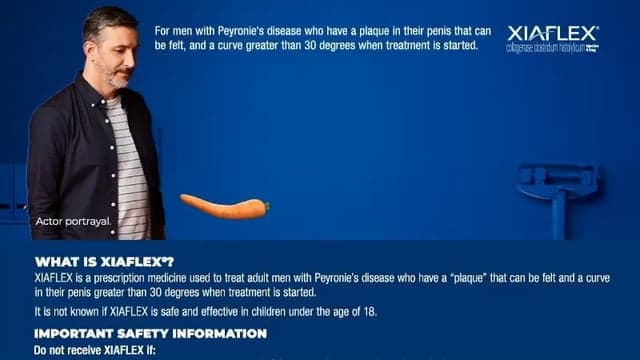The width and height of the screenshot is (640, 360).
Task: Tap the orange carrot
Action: coord(223,207)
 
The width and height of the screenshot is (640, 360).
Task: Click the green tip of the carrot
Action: coord(264,207)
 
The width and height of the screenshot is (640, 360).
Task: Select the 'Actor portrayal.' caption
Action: coord(72,220)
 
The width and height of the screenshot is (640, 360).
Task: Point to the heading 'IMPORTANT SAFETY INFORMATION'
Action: coord(150,333)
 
